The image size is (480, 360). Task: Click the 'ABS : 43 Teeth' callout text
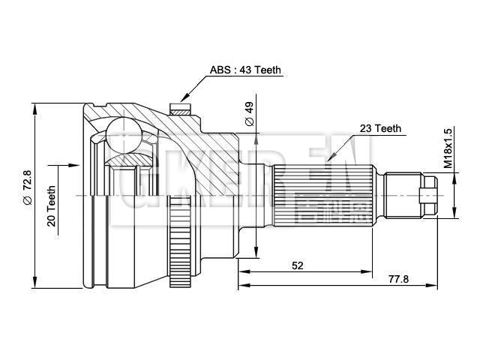[245, 70]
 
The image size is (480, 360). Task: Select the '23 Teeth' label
[380, 128]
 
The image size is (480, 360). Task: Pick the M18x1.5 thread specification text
[448, 147]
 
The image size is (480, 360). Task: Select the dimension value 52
[298, 265]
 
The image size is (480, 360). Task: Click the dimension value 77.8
[399, 278]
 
